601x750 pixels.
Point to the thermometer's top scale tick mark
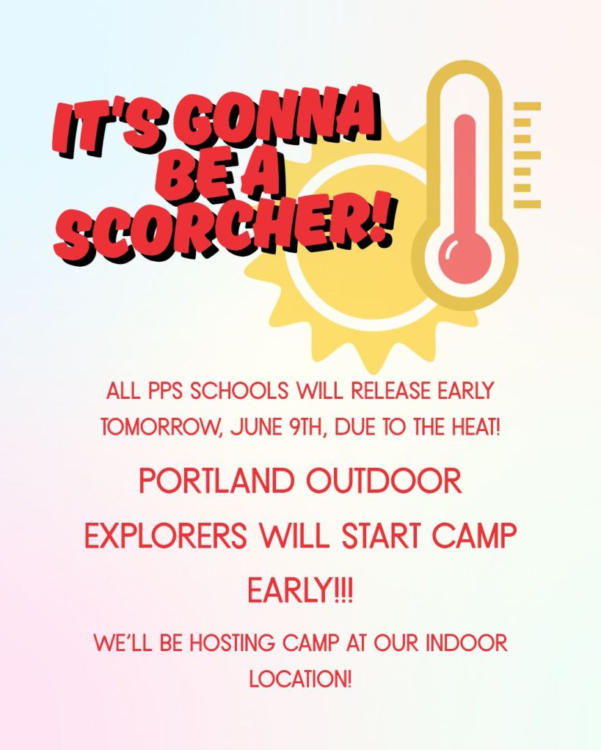coord(528,106)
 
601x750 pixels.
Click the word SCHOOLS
coord(239,391)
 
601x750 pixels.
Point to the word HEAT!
coord(476,427)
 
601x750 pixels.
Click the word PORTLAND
coord(216,481)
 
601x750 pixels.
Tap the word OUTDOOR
coord(384,481)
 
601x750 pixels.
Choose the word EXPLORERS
coord(166,535)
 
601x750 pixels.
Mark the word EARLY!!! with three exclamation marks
coord(300,590)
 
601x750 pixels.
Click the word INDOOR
coord(466,642)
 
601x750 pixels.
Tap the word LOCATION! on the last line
coord(300,678)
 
